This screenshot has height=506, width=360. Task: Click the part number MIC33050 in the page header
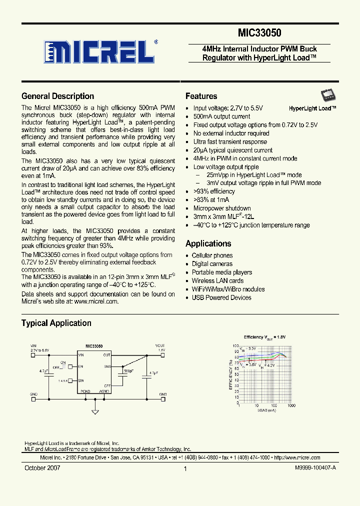[259, 33]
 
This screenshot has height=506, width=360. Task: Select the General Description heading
[57, 96]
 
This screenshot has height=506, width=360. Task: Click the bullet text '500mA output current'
[221, 116]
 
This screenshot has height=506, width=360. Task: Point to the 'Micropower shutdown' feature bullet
[222, 208]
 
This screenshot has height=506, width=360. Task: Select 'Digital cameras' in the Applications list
[212, 264]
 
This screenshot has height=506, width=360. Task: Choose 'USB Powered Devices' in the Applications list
[221, 297]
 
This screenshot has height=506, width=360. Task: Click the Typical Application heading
[56, 323]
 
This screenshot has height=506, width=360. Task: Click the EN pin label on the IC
[80, 366]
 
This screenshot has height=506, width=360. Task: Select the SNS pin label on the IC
[107, 366]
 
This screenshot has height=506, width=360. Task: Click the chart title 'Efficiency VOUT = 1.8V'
[264, 337]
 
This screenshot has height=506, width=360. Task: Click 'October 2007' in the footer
[42, 468]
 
